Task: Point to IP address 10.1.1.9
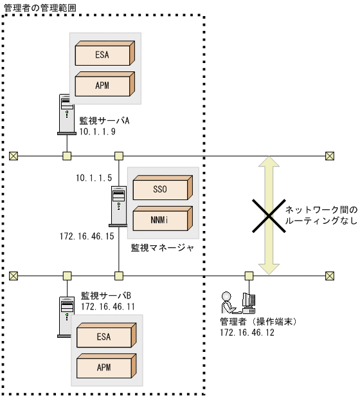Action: point(97,131)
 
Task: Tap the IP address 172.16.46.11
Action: point(107,306)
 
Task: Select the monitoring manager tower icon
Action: point(118,207)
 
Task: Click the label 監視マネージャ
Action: point(163,246)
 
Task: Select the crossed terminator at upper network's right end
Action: point(330,155)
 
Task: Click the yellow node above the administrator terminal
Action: point(249,275)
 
